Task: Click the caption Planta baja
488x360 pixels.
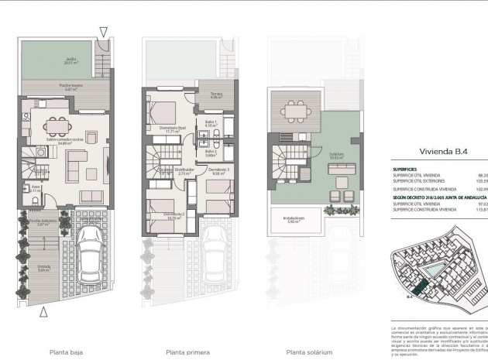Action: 67,351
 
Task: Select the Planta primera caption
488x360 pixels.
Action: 184,351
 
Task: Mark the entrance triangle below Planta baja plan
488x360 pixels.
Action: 44,312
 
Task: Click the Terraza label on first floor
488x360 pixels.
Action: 215,96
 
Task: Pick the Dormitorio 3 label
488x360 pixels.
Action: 218,170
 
